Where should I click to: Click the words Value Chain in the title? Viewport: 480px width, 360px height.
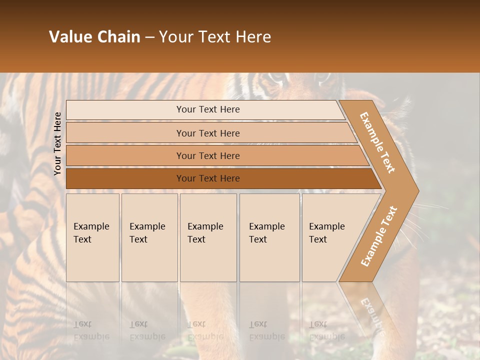94,37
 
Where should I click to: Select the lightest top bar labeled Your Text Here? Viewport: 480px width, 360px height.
207,109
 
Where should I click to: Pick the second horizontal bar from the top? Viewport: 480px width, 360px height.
207,133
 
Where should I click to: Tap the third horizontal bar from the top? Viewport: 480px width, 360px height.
207,155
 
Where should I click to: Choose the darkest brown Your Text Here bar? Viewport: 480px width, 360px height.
207,178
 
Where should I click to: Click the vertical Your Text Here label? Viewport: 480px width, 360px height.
57,143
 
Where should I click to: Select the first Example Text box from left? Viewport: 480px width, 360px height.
92,237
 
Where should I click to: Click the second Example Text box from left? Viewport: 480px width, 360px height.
149,237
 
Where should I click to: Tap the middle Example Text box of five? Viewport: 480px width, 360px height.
208,237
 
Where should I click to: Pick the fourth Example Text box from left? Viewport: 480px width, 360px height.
269,237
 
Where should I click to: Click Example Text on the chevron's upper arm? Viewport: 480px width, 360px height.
377,142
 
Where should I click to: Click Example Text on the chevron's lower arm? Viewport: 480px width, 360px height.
379,236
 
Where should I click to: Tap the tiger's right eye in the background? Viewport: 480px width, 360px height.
322,77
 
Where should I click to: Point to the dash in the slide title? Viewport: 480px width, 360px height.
149,37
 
